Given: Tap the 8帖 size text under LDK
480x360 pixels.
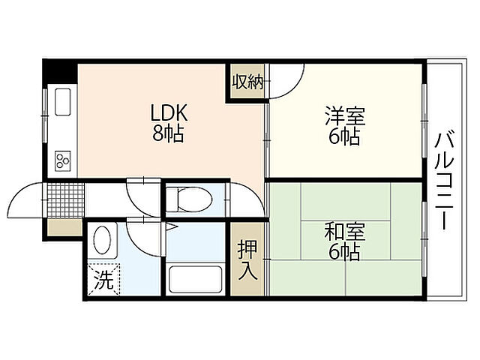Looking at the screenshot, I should pyautogui.click(x=169, y=135).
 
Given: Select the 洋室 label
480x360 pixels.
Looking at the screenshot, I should pyautogui.click(x=343, y=117).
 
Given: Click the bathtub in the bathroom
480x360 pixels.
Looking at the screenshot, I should pyautogui.click(x=196, y=279).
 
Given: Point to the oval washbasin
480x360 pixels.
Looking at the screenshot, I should pyautogui.click(x=103, y=241).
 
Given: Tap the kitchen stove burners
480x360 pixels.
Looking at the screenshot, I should pyautogui.click(x=61, y=160).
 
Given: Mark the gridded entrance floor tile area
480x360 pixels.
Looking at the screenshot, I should pyautogui.click(x=65, y=199).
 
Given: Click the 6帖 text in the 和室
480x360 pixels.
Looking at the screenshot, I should pyautogui.click(x=343, y=251).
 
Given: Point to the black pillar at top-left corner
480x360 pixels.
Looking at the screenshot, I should pyautogui.click(x=60, y=73).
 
